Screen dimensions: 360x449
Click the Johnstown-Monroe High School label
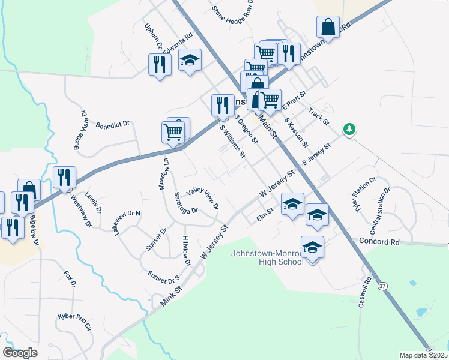267,257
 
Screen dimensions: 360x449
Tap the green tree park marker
348,129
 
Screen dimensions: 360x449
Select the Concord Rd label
379,242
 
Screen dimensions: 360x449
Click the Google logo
20,353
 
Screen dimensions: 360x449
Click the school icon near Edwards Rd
190,60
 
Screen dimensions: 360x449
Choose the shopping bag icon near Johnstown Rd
328,28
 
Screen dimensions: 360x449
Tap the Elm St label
265,214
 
